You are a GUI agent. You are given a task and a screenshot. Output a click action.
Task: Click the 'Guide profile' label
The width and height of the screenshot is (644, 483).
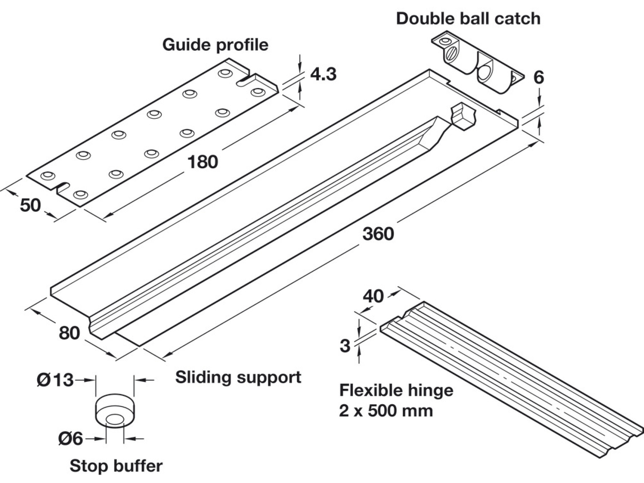215,45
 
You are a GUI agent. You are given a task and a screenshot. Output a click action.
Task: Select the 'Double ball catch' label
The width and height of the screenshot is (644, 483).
468,19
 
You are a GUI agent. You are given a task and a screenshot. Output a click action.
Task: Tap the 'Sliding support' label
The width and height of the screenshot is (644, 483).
238,377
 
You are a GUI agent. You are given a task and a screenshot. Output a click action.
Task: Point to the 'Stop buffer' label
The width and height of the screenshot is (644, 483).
116,466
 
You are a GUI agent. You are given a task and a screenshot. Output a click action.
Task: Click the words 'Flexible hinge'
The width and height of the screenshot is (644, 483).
396,390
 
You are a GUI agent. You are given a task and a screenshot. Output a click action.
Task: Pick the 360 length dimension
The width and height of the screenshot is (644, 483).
378,234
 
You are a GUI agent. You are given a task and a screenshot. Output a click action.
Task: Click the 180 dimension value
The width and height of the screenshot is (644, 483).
203,162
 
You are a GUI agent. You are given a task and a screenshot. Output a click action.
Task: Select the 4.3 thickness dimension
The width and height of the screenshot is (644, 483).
323,74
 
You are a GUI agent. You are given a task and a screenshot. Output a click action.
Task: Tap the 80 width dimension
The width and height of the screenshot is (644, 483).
69,333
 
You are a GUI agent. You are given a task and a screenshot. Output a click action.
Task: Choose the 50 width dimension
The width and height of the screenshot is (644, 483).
30,205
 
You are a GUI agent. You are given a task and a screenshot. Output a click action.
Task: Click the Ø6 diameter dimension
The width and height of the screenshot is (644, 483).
70,439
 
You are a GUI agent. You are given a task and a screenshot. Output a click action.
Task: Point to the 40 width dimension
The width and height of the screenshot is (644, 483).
373,296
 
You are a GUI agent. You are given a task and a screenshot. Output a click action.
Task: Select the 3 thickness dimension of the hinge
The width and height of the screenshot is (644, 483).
345,346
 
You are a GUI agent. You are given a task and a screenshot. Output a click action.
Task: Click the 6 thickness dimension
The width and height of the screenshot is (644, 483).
538,78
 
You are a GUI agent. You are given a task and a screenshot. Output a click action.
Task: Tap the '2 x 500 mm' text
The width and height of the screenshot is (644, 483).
386,411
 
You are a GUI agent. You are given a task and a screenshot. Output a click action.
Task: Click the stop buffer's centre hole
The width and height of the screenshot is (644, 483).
115,419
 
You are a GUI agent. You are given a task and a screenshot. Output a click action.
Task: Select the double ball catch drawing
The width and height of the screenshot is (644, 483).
478,64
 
